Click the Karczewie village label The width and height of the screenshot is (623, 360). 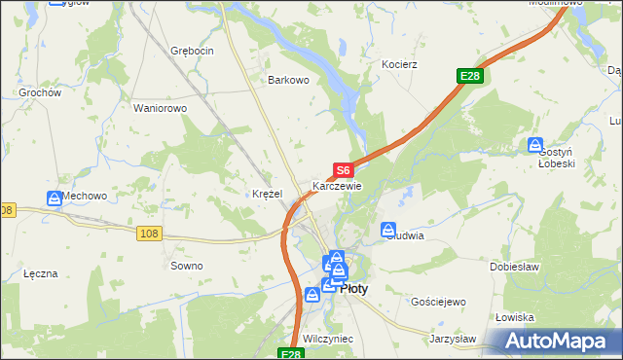(337, 186)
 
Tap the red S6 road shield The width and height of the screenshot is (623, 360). (343, 170)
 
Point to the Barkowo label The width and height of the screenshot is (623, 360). (289, 81)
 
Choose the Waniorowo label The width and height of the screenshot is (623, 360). (160, 108)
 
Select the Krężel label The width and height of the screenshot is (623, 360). (267, 194)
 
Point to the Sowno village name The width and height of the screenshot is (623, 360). (187, 266)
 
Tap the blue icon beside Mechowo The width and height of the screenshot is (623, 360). (55, 198)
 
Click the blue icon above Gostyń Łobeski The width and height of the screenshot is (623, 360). (535, 146)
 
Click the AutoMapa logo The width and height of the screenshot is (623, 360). (558, 342)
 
